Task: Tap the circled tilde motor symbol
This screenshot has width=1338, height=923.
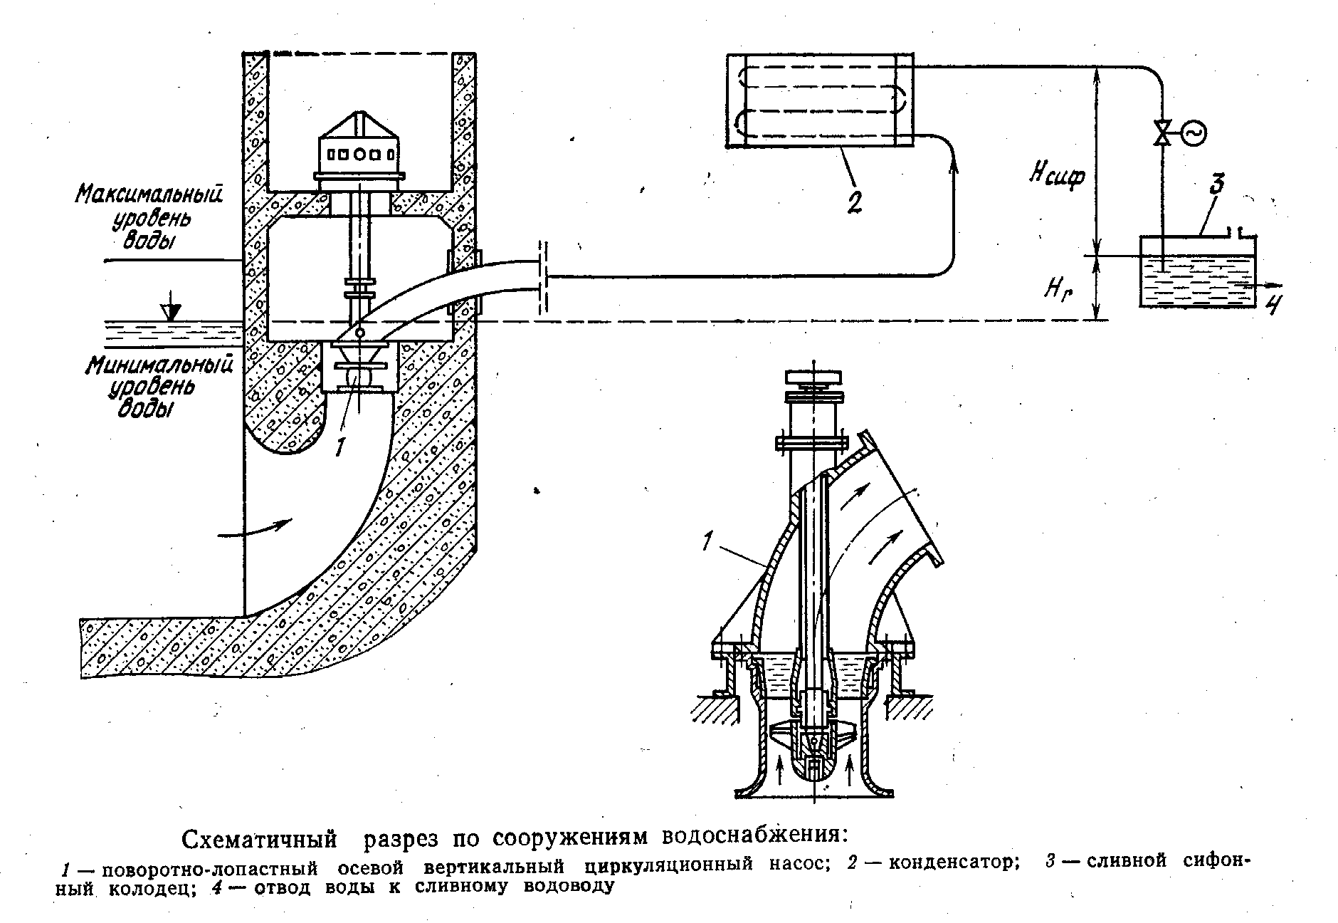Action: tap(1193, 133)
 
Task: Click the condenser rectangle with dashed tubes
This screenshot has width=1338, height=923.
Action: tap(818, 101)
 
